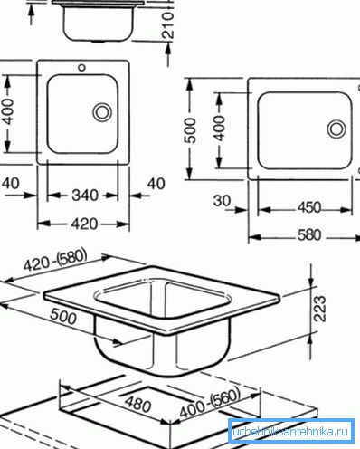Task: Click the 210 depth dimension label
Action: [x=168, y=24]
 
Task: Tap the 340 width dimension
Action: [x=85, y=196]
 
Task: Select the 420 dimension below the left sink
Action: [x=84, y=224]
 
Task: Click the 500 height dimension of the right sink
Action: [x=191, y=130]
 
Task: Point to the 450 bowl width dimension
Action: [x=309, y=207]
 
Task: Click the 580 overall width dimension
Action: [x=309, y=235]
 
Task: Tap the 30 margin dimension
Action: [x=222, y=200]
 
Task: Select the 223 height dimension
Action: [x=320, y=309]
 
